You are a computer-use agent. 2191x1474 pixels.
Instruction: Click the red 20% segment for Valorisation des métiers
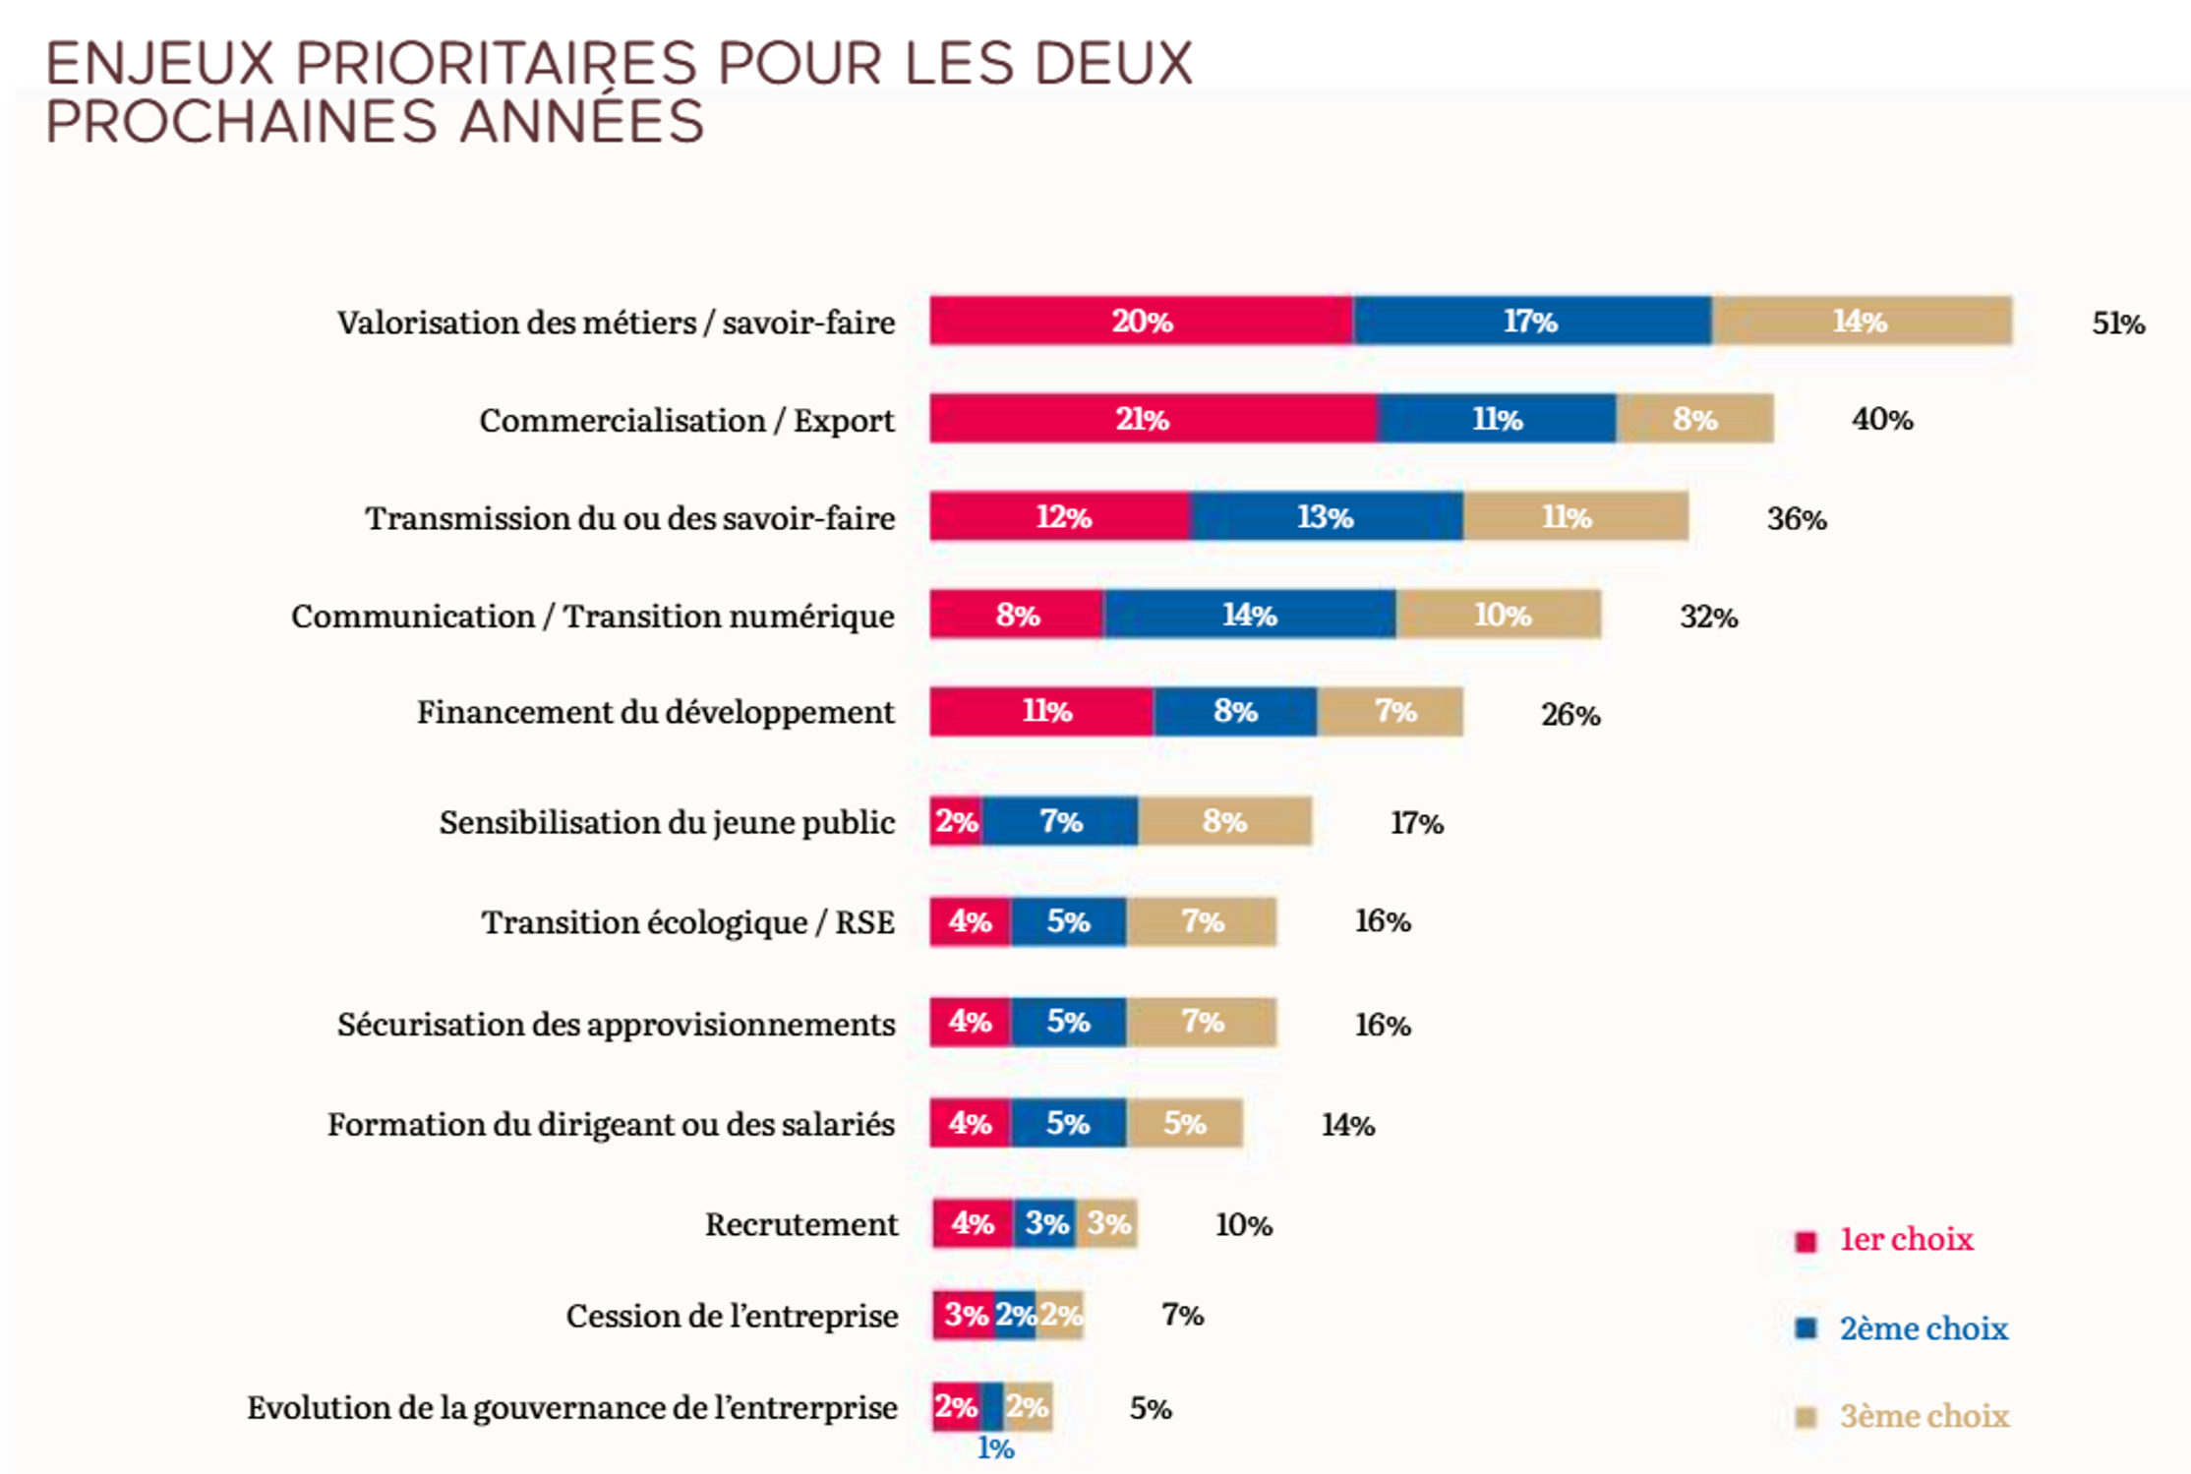[1141, 321]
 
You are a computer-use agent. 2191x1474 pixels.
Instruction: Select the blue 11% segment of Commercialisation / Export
[1496, 419]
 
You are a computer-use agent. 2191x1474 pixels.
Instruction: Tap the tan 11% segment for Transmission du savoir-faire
[1574, 516]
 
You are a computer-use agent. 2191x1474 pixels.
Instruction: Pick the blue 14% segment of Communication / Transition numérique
[1249, 615]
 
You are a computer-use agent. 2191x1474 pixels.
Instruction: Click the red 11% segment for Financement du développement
[1042, 711]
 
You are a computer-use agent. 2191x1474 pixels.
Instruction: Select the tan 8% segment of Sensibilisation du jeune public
[1224, 821]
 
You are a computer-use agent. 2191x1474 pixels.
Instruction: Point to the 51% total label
[2117, 323]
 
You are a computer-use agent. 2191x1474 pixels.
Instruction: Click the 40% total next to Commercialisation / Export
[1881, 420]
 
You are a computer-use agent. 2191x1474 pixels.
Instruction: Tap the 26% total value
[1569, 715]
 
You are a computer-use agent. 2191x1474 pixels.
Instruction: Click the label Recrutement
[800, 1224]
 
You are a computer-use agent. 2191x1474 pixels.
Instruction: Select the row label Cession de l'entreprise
[732, 1316]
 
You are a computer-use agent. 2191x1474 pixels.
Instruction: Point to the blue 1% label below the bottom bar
[995, 1448]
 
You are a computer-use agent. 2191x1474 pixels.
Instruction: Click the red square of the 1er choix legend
[1806, 1241]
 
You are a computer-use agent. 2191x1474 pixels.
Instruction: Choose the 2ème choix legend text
[1923, 1328]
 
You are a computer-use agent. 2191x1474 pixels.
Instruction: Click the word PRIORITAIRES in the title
[496, 65]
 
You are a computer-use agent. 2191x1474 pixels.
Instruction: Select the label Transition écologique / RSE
[687, 922]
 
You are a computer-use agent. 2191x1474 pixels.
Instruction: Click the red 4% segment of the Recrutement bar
[973, 1224]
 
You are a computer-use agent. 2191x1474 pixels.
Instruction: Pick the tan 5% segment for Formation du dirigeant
[1184, 1123]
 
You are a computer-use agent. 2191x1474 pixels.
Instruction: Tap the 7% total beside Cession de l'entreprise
[1182, 1315]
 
